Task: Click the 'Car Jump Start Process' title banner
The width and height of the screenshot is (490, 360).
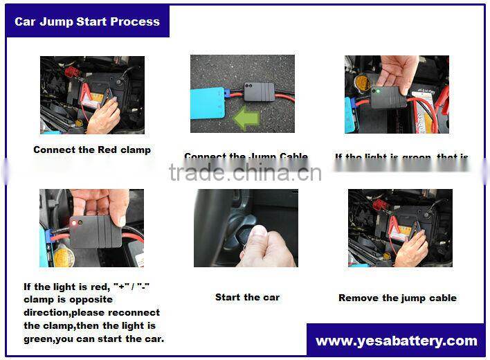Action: (87, 21)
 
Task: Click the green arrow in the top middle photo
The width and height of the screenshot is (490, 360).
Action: (246, 117)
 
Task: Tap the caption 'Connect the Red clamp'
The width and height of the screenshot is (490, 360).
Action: (92, 150)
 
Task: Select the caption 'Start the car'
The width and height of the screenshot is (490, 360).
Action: (247, 297)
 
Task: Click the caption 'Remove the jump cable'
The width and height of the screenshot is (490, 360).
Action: (397, 298)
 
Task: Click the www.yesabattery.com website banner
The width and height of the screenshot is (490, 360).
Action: (396, 341)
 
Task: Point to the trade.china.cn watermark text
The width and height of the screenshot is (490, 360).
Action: (245, 172)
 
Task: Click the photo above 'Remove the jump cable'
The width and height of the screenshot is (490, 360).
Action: (399, 228)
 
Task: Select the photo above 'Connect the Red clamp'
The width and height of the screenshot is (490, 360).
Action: (92, 95)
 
